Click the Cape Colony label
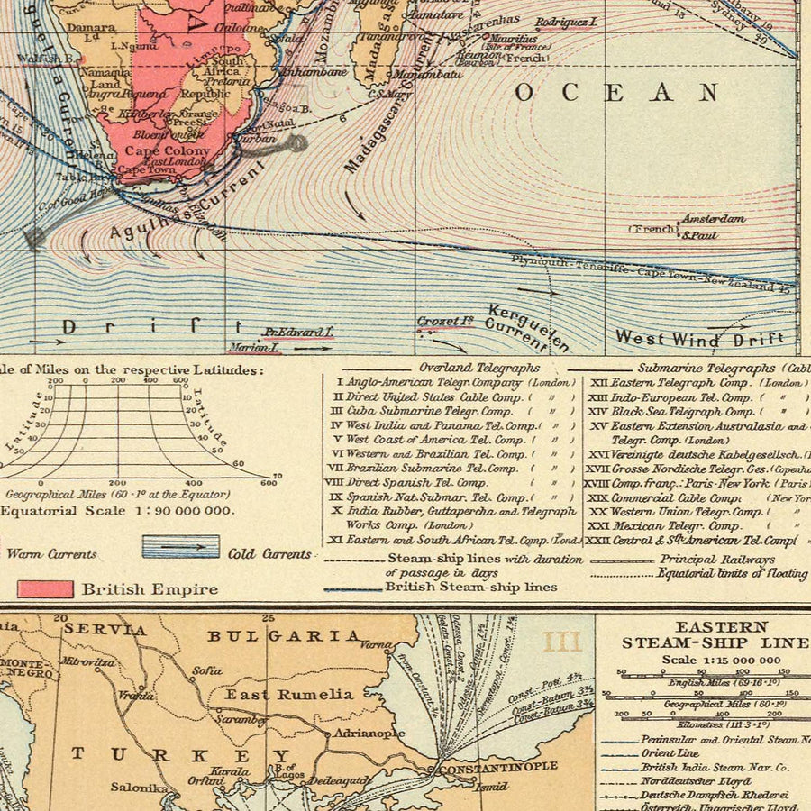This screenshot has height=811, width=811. [x=167, y=151]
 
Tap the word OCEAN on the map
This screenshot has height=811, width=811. [x=616, y=93]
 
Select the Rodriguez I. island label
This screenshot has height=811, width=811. [x=566, y=22]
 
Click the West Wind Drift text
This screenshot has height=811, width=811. [x=700, y=339]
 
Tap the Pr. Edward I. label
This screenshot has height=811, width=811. [x=298, y=332]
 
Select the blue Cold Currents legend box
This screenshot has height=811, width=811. [x=180, y=547]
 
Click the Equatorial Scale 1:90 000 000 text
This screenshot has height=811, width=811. [x=117, y=510]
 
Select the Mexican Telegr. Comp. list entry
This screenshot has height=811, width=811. [x=675, y=525]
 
